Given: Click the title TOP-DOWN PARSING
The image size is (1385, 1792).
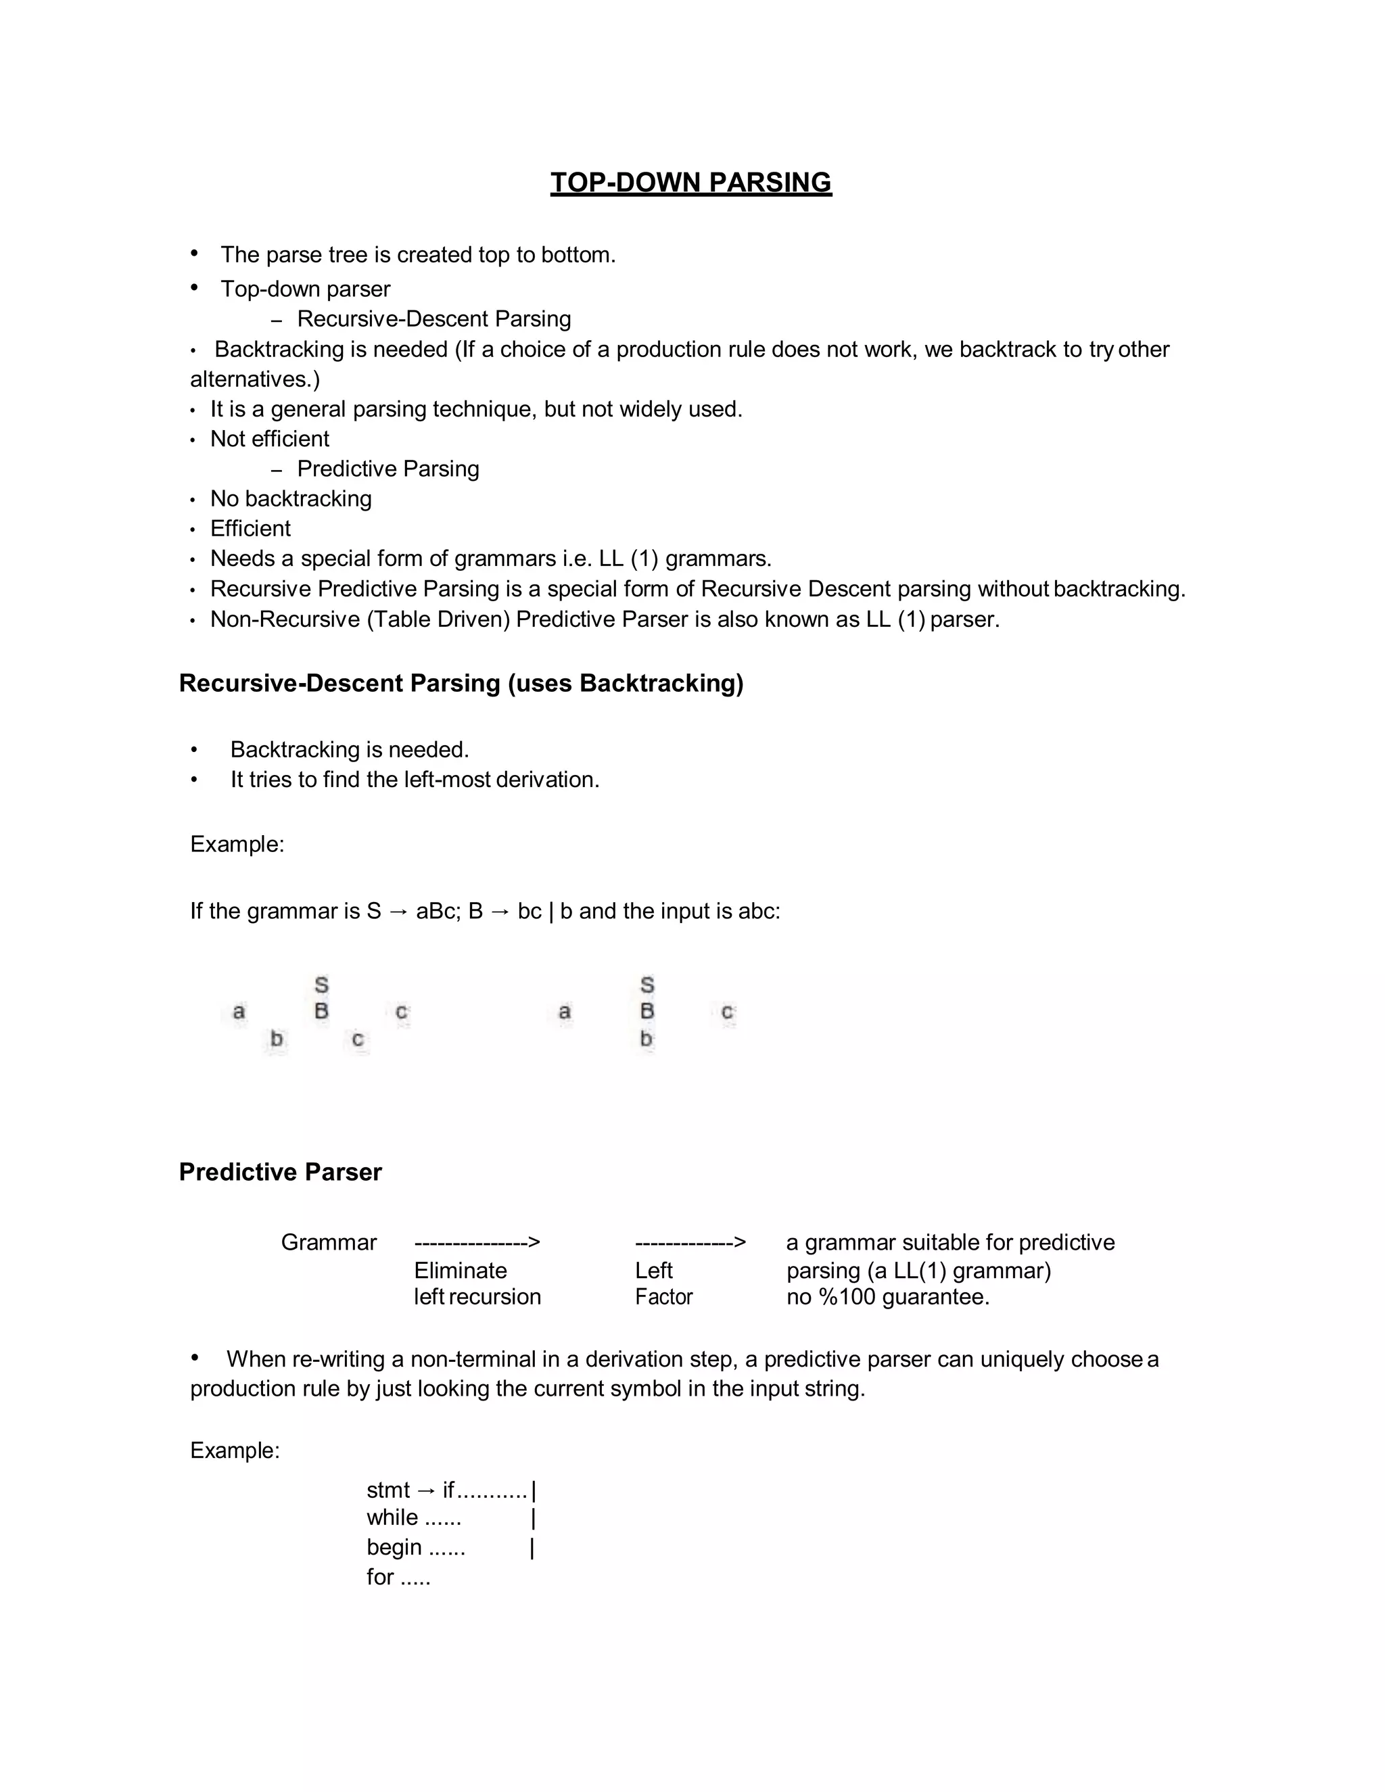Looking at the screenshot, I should (691, 182).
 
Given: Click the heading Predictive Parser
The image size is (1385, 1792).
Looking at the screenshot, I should (280, 1172).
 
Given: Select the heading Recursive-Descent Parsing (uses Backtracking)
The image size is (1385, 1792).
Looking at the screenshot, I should (461, 683).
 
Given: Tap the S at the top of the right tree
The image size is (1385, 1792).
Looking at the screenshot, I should (647, 985).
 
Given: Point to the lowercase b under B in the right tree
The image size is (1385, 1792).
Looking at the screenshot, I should (647, 1039).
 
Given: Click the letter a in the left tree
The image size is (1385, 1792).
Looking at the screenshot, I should (239, 1011).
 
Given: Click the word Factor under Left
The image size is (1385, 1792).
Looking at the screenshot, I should (664, 1297).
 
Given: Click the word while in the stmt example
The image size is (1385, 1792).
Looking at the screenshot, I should (392, 1518).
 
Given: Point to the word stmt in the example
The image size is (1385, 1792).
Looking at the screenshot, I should (388, 1490).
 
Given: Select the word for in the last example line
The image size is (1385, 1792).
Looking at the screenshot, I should (380, 1577).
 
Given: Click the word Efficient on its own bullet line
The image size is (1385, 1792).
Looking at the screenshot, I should (250, 528).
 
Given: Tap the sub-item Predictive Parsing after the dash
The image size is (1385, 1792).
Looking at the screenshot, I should (388, 469).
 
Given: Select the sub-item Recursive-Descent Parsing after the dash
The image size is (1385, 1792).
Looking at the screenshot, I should (433, 319).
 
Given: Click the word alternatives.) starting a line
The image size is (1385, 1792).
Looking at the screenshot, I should (255, 379).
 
